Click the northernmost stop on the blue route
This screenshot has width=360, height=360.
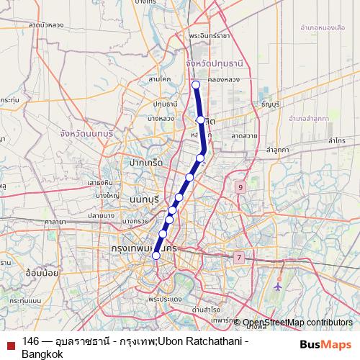tap(196, 85)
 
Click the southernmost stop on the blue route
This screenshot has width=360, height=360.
tap(156, 254)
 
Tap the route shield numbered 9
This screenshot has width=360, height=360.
tap(240, 188)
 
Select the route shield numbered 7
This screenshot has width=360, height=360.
tap(238, 256)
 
